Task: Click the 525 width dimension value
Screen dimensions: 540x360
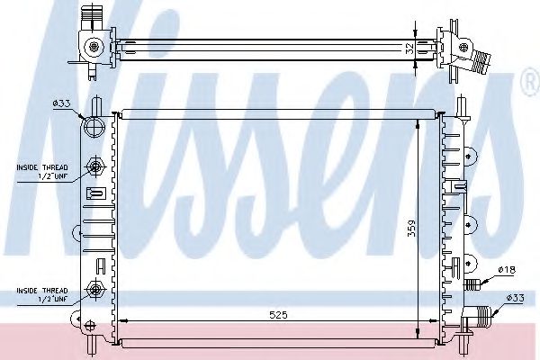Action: click(278, 314)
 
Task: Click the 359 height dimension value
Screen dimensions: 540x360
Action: click(411, 228)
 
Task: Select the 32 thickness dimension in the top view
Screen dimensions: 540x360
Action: click(409, 49)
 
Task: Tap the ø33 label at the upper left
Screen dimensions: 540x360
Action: click(61, 103)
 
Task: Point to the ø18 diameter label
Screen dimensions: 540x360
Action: click(507, 270)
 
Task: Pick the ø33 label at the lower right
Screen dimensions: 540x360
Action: click(515, 298)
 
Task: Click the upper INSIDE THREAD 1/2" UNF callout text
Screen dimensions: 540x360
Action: click(42, 172)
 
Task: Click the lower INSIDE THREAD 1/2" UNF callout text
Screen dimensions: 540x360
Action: click(42, 294)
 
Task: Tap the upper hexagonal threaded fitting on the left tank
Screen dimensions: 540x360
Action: click(95, 167)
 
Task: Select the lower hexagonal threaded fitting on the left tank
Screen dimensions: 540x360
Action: click(95, 289)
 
